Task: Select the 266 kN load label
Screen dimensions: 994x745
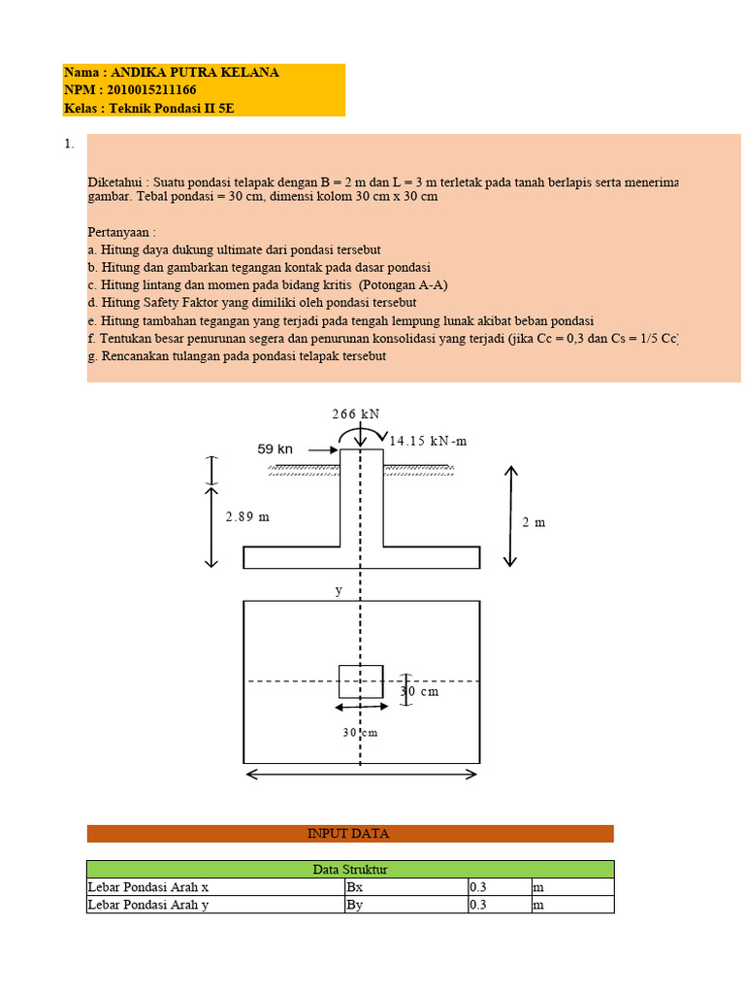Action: point(355,414)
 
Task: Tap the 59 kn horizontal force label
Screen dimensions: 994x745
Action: point(275,449)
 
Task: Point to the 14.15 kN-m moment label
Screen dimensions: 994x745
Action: point(428,441)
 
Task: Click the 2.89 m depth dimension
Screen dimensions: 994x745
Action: point(247,517)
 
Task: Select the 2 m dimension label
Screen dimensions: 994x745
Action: point(534,522)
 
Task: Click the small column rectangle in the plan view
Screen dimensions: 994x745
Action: point(361,681)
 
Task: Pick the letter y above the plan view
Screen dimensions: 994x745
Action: point(339,589)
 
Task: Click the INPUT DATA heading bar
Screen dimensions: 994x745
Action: point(349,834)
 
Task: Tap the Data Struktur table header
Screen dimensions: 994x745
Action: point(349,870)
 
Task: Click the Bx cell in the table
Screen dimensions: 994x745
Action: point(357,887)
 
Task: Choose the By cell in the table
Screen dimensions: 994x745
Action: point(357,905)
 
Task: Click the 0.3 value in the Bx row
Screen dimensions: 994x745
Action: point(479,887)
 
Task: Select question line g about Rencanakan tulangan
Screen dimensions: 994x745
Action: point(237,356)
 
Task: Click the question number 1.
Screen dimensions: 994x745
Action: point(69,145)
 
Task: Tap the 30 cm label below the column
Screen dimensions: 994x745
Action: point(360,733)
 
